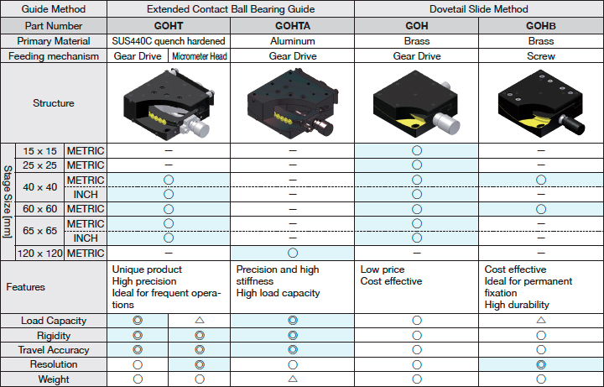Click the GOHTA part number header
pyautogui.click(x=293, y=26)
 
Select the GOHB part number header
pyautogui.click(x=541, y=26)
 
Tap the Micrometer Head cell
pyautogui.click(x=199, y=56)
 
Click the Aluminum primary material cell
pyautogui.click(x=293, y=41)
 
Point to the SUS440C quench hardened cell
pyautogui.click(x=169, y=41)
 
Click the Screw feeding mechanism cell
pyautogui.click(x=541, y=56)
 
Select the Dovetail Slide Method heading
pyautogui.click(x=479, y=9)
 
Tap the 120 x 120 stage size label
pyautogui.click(x=39, y=254)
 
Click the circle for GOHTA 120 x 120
pyautogui.click(x=293, y=253)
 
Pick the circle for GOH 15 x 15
pyautogui.click(x=417, y=150)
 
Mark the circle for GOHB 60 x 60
pyautogui.click(x=541, y=209)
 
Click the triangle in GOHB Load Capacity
pyautogui.click(x=541, y=320)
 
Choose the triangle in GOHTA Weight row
pyautogui.click(x=293, y=379)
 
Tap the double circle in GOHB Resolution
pyautogui.click(x=541, y=364)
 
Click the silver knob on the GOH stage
pyautogui.click(x=447, y=123)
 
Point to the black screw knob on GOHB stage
pyautogui.click(x=573, y=124)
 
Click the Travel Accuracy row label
pyautogui.click(x=54, y=350)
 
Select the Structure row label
pyautogui.click(x=54, y=103)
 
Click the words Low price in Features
pyautogui.click(x=383, y=269)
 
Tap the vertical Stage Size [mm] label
pyautogui.click(x=8, y=201)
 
